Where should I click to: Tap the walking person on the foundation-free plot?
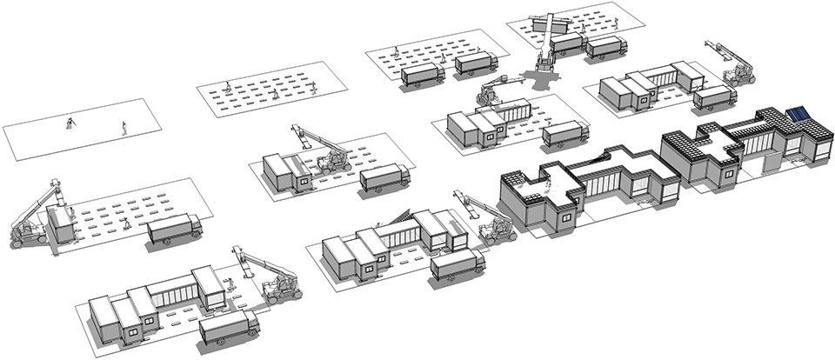(x=124, y=128)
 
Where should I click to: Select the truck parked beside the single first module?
(x=174, y=230)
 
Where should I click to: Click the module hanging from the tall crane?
(x=551, y=23)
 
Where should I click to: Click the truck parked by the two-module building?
(x=383, y=177)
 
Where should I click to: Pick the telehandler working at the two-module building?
(x=331, y=157)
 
